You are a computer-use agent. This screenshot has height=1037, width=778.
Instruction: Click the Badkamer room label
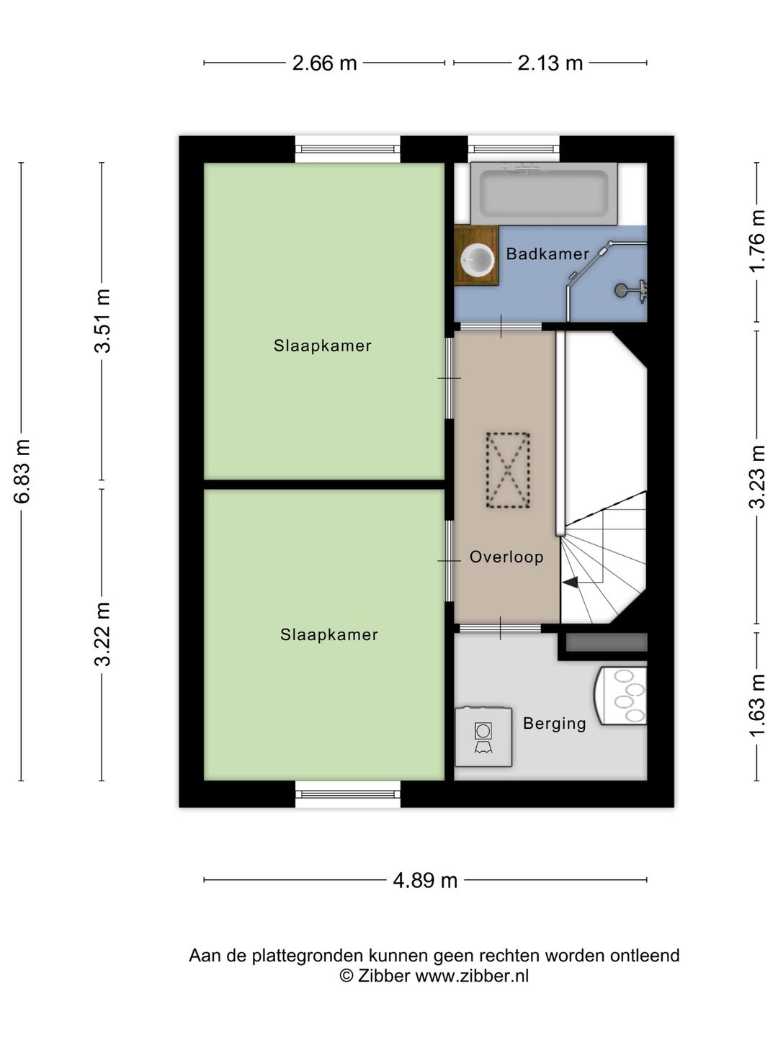pos(547,254)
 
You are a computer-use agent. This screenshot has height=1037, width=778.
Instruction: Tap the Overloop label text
pos(506,557)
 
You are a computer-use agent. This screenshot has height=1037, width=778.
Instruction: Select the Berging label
pos(555,724)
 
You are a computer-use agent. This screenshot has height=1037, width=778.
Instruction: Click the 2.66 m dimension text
pos(324,63)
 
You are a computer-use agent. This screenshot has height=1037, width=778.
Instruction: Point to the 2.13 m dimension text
pos(550,63)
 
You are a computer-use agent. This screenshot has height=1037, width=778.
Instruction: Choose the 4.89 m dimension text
pos(425,881)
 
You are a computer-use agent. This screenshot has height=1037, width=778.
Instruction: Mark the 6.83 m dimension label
pos(22,471)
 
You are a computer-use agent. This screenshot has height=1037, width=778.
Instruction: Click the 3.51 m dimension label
pos(102,320)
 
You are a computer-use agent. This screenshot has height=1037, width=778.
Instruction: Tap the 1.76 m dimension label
pos(756,241)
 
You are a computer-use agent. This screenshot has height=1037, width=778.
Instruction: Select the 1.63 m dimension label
pos(756,705)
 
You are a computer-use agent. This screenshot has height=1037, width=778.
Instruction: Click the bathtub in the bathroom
pos(544,194)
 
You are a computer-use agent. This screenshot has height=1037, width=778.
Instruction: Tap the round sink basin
pos(478,259)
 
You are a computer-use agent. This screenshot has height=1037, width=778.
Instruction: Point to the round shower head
pos(620,290)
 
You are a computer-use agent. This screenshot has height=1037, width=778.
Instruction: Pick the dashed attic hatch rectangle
pos(508,470)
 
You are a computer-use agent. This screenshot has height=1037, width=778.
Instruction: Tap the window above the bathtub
pos(514,149)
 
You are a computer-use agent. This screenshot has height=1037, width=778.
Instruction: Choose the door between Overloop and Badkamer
pos(501,326)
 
